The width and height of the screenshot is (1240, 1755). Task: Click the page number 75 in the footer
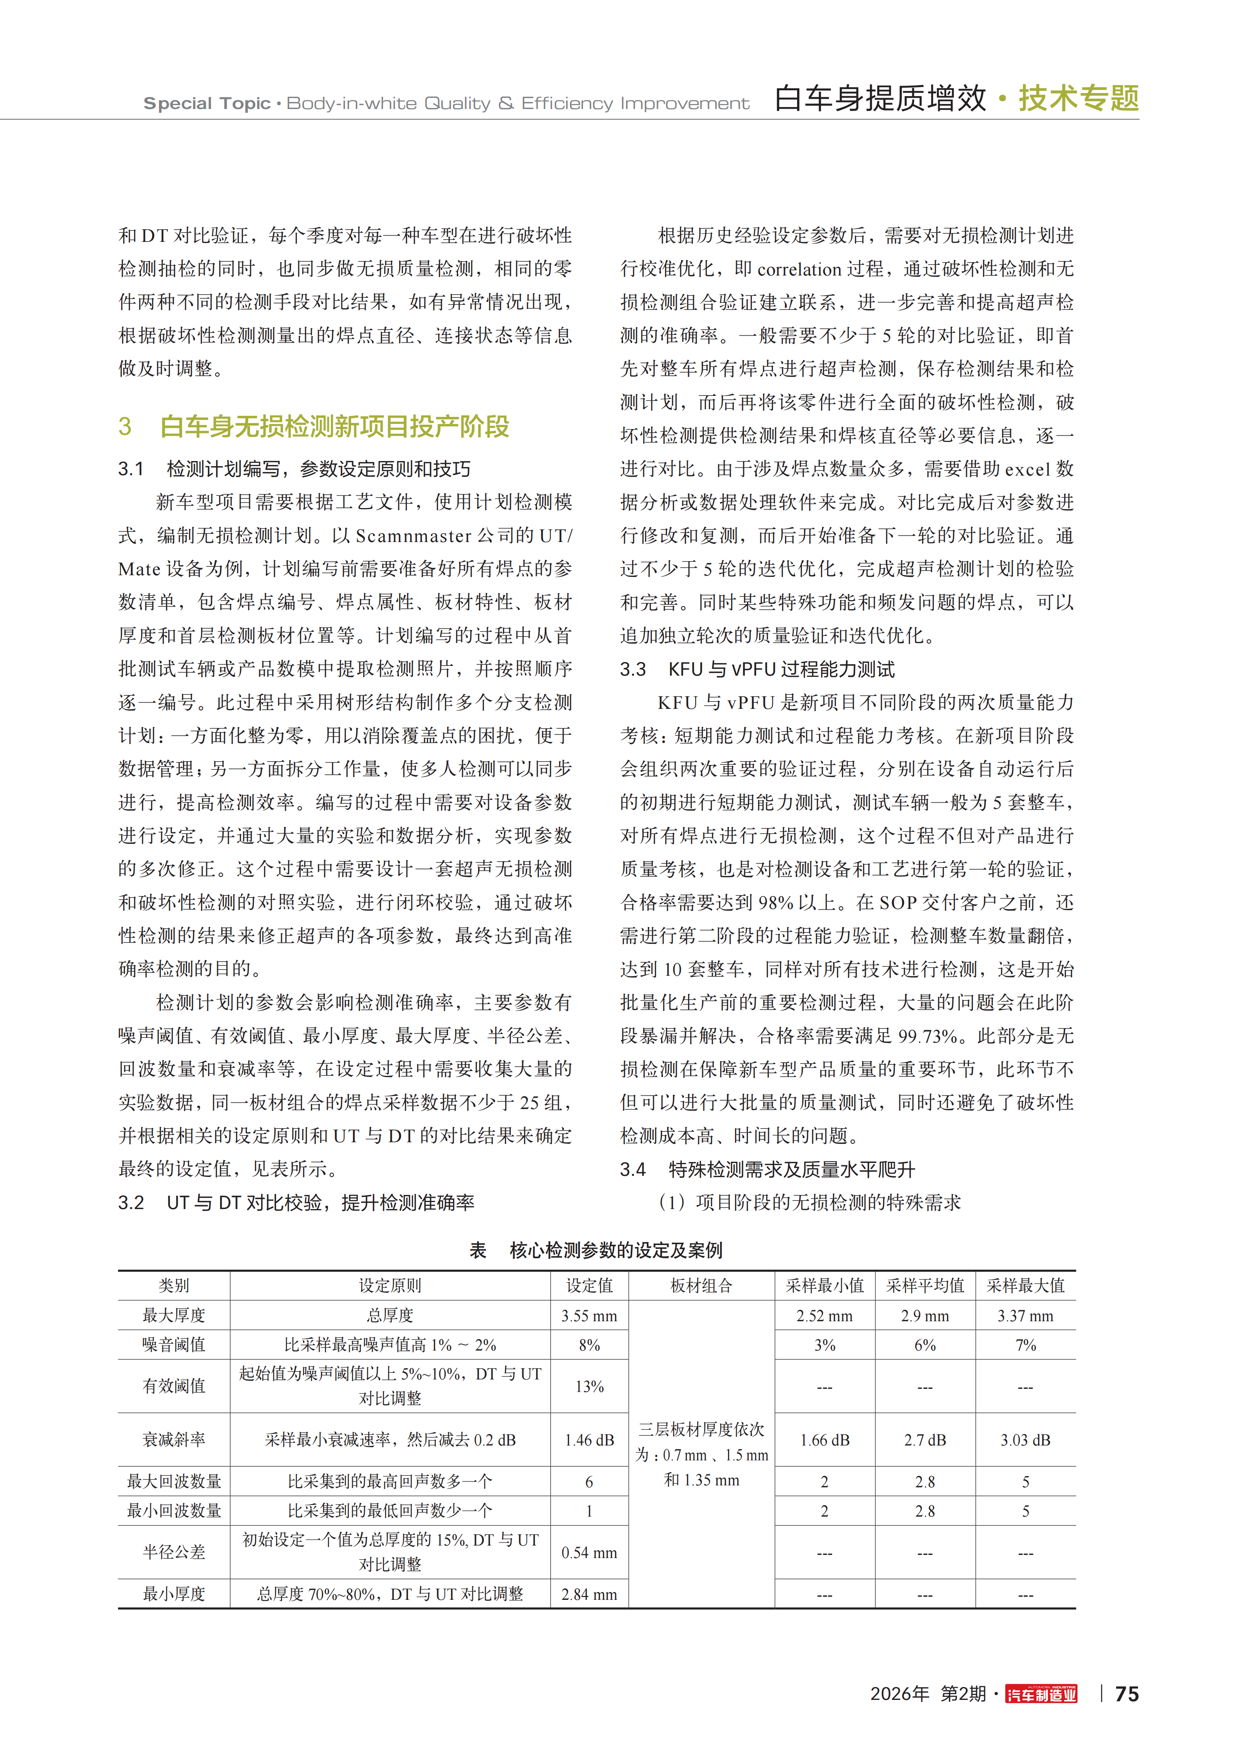point(1127,1694)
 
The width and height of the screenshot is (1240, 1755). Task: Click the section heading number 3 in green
point(125,426)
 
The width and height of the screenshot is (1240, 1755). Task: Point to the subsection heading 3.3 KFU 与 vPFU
point(757,669)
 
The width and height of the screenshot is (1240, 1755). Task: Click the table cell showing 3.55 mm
point(589,1315)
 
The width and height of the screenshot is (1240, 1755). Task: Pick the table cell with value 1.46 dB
point(589,1439)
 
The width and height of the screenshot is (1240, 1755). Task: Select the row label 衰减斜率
point(174,1439)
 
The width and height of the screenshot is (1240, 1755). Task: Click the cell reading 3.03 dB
point(1025,1439)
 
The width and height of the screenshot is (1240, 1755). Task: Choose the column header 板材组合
point(701,1286)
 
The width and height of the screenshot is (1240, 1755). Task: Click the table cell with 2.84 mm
point(589,1594)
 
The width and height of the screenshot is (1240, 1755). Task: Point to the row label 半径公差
point(174,1552)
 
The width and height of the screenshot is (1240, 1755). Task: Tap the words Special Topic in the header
point(207,103)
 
